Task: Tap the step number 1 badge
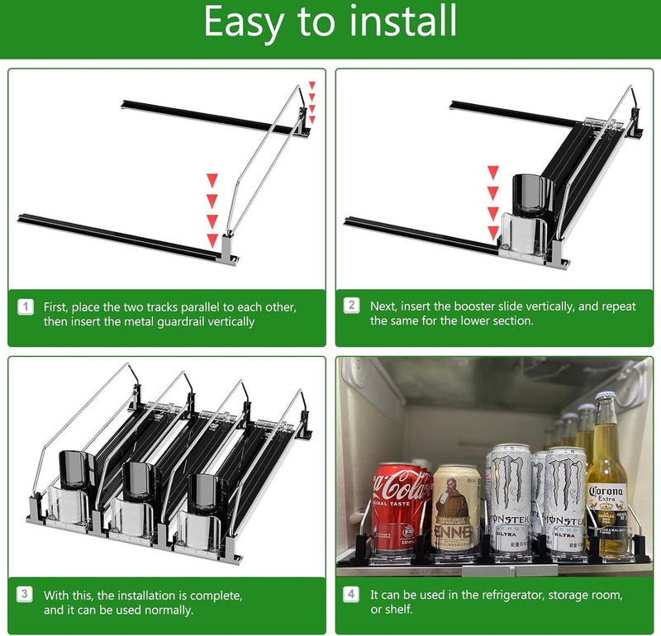coord(26,306)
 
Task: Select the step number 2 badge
coord(352,306)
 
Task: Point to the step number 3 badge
coord(25,595)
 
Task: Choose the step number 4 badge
coord(350,594)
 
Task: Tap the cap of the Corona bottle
coord(606,396)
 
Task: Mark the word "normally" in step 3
coord(169,610)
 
